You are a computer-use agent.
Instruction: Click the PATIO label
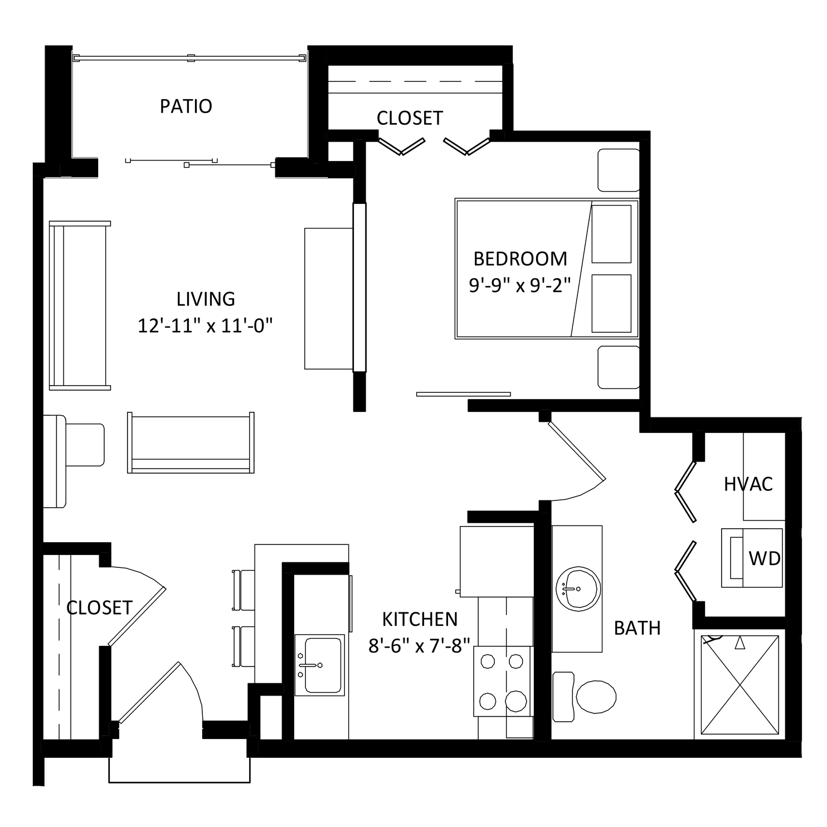coord(186,106)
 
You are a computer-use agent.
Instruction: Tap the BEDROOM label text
coord(520,259)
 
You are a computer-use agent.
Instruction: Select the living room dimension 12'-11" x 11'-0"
coord(205,325)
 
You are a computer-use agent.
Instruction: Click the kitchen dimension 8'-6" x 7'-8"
coord(420,646)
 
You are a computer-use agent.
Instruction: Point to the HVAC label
coord(748,484)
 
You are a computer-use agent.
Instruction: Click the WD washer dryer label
coord(765,558)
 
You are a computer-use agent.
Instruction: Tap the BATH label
coord(637,628)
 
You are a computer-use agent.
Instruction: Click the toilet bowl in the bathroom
coord(596,697)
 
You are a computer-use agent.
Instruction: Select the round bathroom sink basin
coord(578,589)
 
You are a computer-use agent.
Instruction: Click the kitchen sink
coord(319,665)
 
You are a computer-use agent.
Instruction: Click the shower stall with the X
coord(740,685)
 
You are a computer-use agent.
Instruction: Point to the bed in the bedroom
coord(547,269)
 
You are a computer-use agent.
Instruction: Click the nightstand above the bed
coord(619,170)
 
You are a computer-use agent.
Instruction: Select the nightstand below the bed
coord(619,367)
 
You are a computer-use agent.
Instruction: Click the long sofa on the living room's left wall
coord(80,305)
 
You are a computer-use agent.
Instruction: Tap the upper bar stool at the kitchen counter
coord(244,590)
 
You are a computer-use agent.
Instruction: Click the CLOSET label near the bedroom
coord(410,118)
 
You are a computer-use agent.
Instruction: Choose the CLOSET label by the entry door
coord(99,607)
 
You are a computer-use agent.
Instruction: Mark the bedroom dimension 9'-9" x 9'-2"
coord(520,285)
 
